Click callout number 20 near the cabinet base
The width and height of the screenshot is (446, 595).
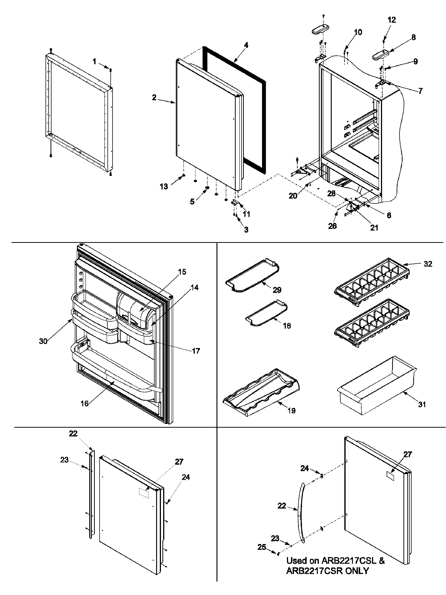click(293, 196)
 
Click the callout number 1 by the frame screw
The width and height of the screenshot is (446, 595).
click(94, 61)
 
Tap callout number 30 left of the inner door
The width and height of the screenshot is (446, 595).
click(43, 341)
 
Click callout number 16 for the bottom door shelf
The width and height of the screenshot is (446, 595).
click(85, 403)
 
